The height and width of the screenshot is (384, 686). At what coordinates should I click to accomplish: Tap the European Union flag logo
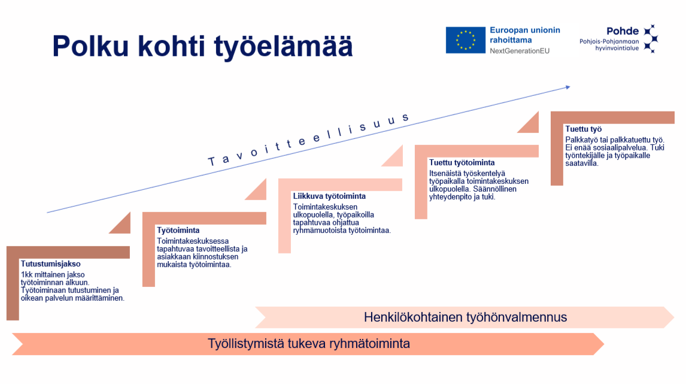(466, 40)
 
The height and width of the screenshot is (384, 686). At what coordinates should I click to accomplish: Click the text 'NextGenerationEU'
(520, 51)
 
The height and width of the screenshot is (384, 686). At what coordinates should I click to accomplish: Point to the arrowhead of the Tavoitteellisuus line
(568, 87)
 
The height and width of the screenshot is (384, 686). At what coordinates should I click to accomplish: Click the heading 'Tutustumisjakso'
(51, 264)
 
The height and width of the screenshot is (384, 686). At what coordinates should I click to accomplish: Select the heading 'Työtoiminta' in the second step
(178, 230)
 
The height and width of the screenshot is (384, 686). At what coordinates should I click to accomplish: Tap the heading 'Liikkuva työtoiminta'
(329, 196)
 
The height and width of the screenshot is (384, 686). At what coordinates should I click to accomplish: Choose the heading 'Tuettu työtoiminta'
(462, 162)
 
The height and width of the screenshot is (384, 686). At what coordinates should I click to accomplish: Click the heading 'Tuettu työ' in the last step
(583, 129)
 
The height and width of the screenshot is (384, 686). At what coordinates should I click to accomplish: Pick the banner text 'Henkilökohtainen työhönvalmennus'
(466, 317)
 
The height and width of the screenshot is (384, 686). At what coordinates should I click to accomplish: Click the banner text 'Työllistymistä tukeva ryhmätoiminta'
(309, 344)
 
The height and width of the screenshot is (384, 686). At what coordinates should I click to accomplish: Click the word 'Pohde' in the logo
(623, 31)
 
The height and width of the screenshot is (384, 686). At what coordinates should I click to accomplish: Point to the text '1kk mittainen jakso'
(53, 275)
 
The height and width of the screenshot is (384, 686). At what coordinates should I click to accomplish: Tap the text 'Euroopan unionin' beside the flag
(524, 30)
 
